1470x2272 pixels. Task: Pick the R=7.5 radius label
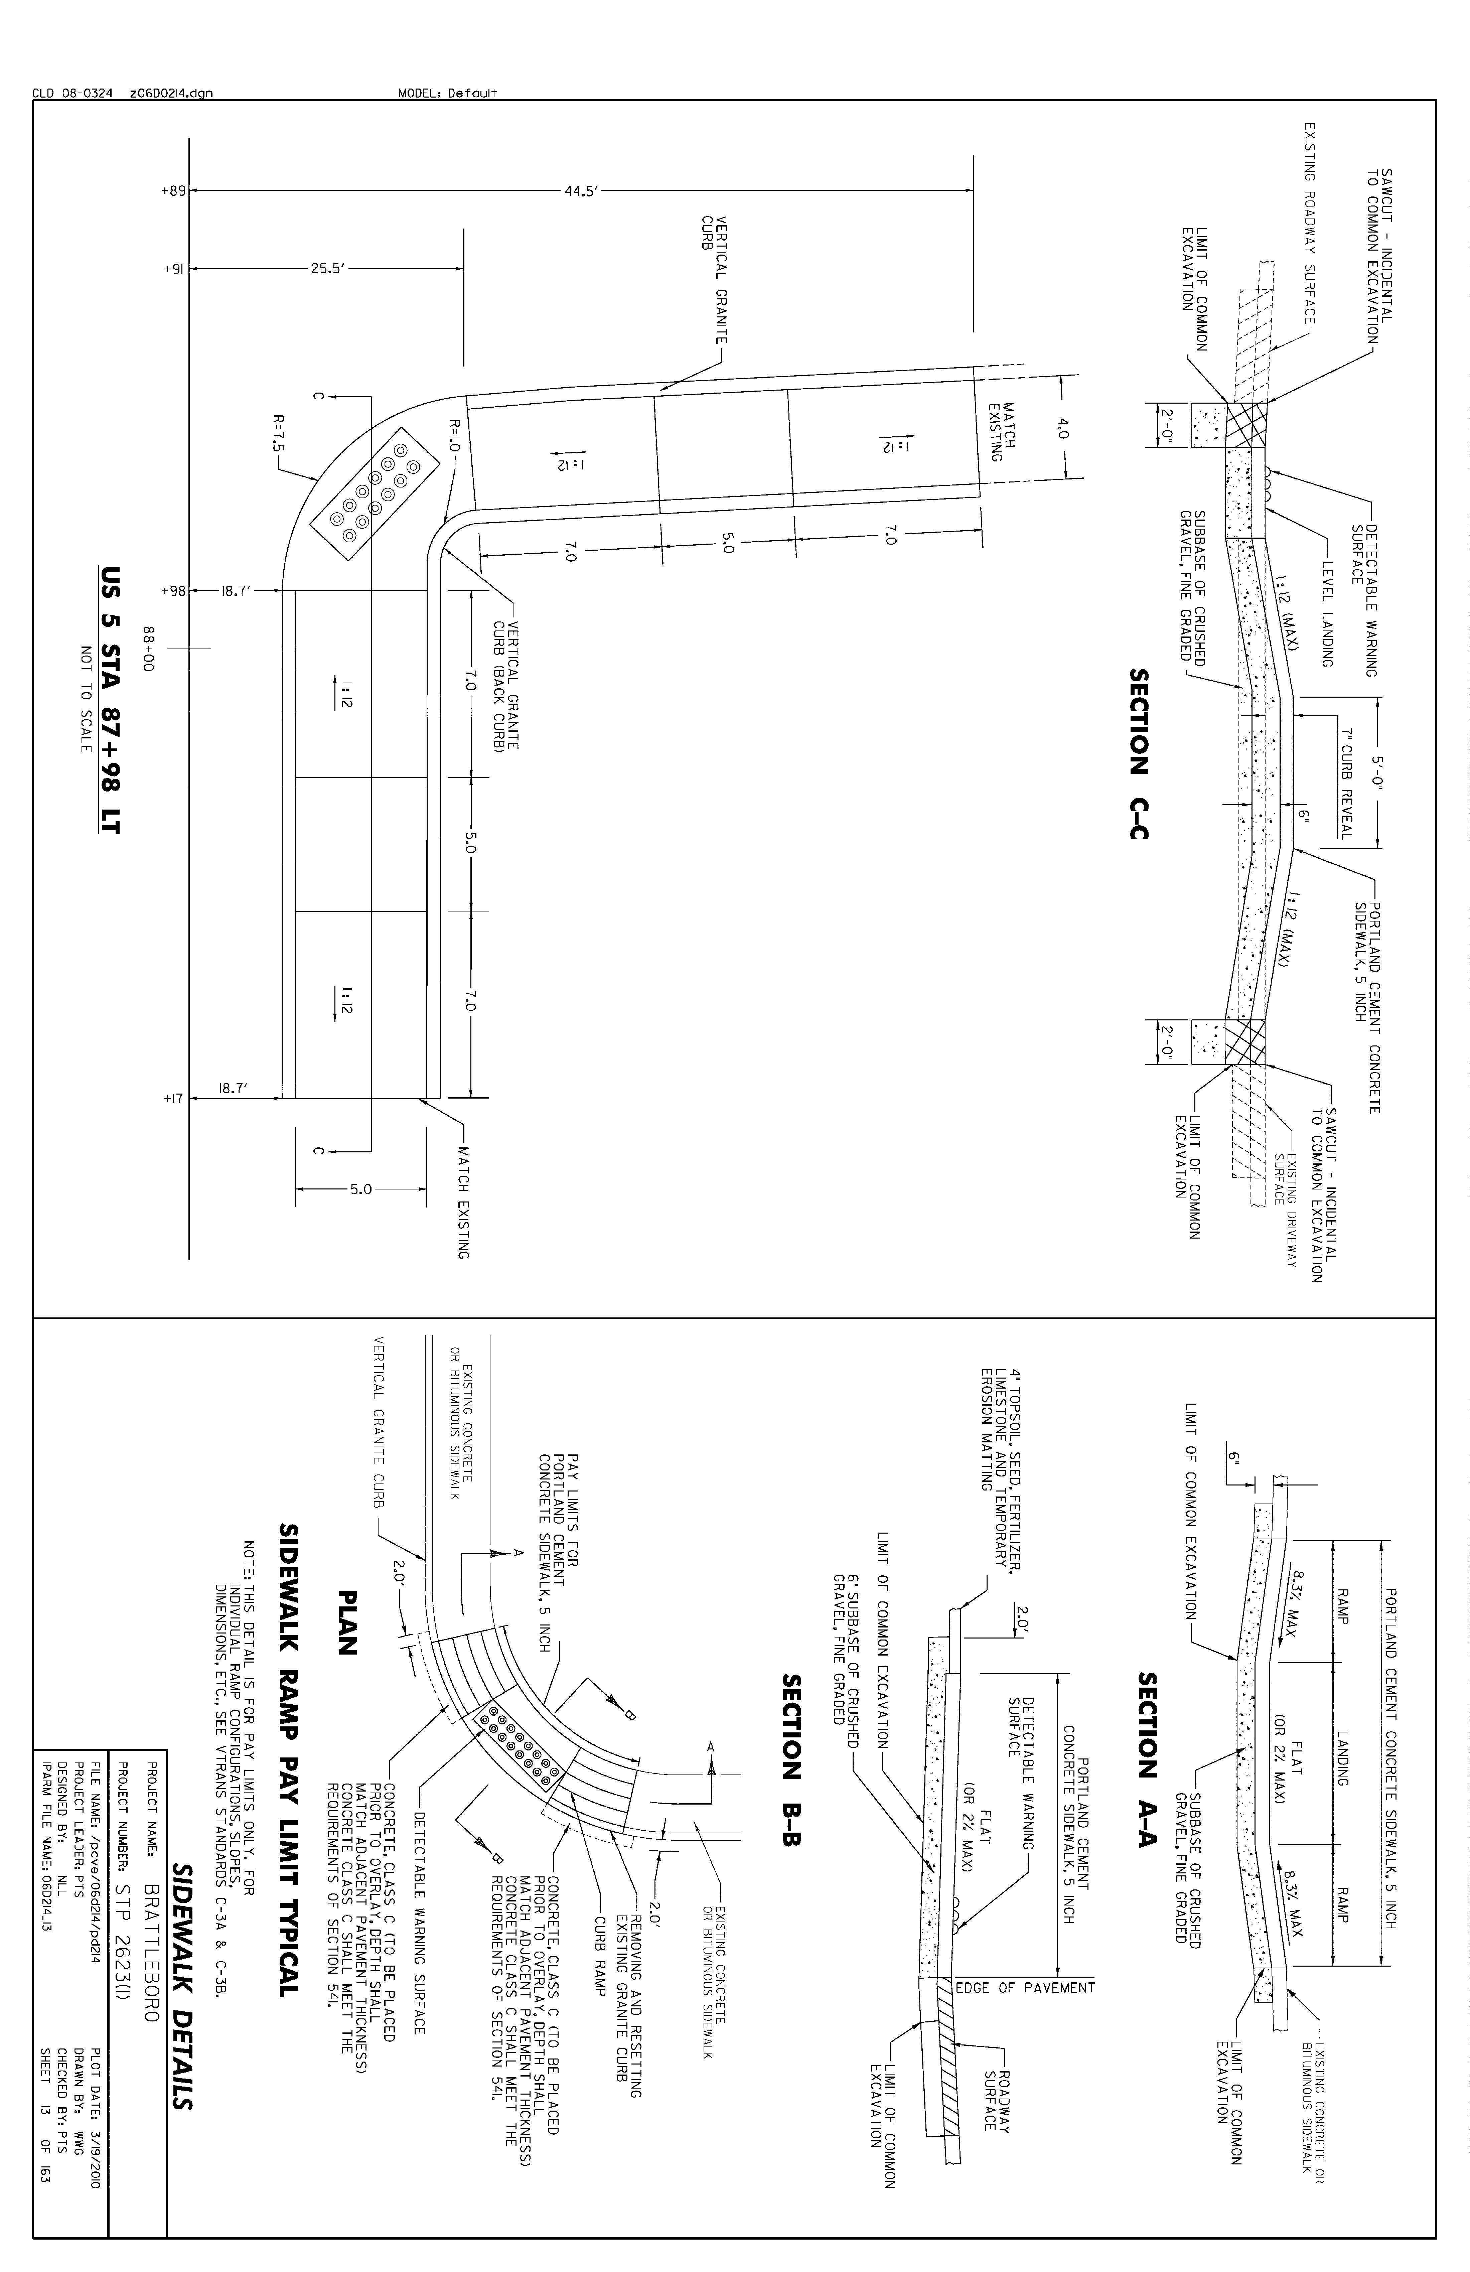tap(279, 432)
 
